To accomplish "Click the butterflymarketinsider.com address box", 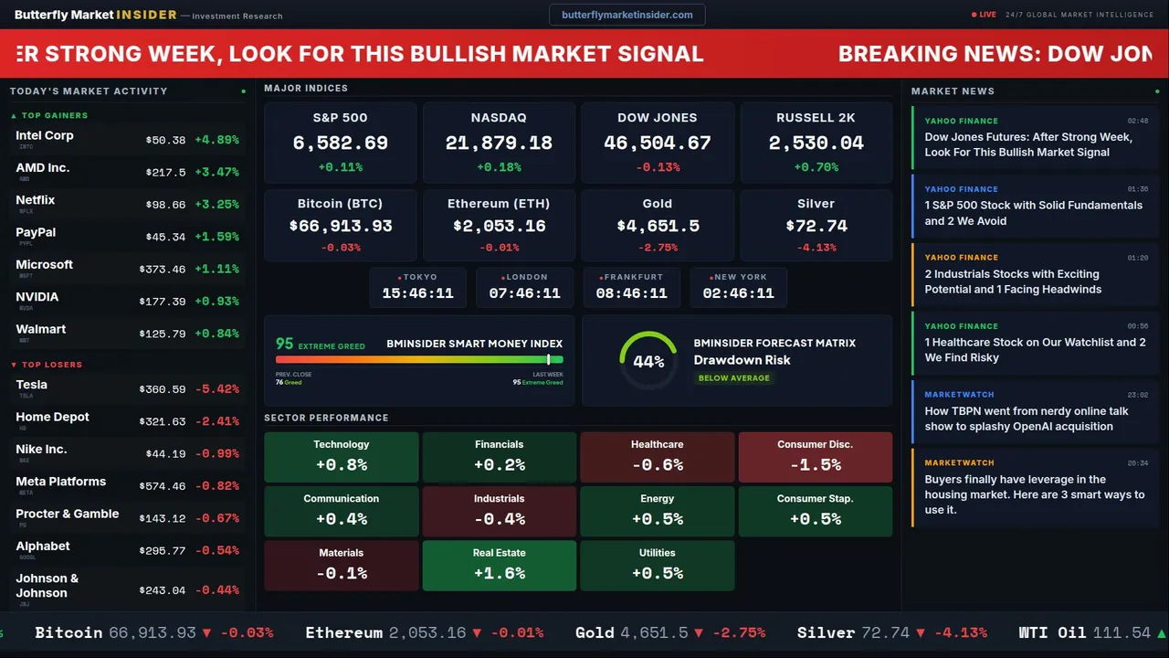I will click(x=627, y=15).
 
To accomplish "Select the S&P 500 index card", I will click(x=340, y=142).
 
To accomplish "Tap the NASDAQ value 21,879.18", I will click(x=499, y=143).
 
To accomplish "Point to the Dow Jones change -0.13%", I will click(x=658, y=167).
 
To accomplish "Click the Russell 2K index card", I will click(x=816, y=142).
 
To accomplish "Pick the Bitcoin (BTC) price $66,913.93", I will click(x=340, y=226).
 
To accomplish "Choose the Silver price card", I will click(x=816, y=226).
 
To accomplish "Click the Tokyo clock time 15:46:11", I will click(x=417, y=293).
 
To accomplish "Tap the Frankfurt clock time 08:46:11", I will click(x=631, y=293).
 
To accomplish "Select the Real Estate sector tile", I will click(x=499, y=565).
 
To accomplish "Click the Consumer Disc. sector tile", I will click(x=815, y=457).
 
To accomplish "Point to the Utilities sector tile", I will click(x=657, y=565).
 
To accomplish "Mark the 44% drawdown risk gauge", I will click(x=648, y=360).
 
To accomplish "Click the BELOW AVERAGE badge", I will click(x=733, y=378).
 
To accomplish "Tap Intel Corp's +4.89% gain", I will click(x=216, y=140).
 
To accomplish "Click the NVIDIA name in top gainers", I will click(x=37, y=297).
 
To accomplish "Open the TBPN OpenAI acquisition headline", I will click(x=1026, y=419).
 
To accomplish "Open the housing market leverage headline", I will click(x=1034, y=494).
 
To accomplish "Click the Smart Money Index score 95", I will click(x=285, y=344).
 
